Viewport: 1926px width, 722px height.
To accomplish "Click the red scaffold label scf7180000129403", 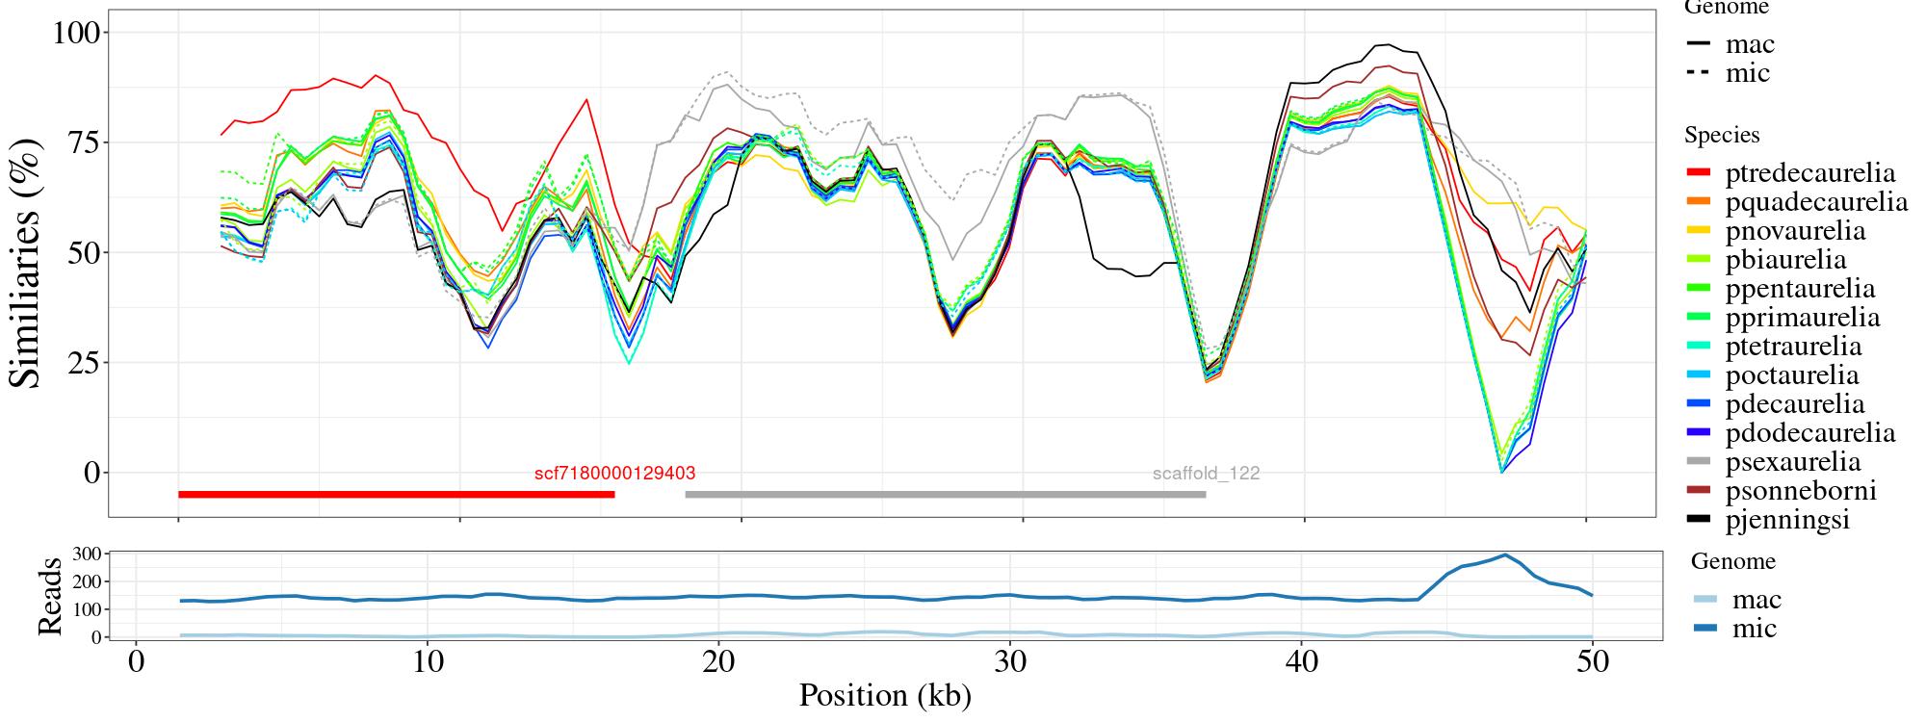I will (x=614, y=474).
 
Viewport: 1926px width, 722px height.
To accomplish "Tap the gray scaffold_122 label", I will (x=1206, y=474).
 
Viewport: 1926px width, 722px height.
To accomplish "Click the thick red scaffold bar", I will (x=396, y=495).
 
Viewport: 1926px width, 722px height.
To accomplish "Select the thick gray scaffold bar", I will (x=945, y=495).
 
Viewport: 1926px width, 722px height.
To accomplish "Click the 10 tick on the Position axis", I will (x=428, y=663).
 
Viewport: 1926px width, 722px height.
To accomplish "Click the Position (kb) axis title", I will (x=884, y=695).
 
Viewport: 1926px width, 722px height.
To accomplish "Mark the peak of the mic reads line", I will (x=1505, y=554).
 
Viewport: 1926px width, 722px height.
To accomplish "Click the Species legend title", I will (x=1722, y=135).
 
